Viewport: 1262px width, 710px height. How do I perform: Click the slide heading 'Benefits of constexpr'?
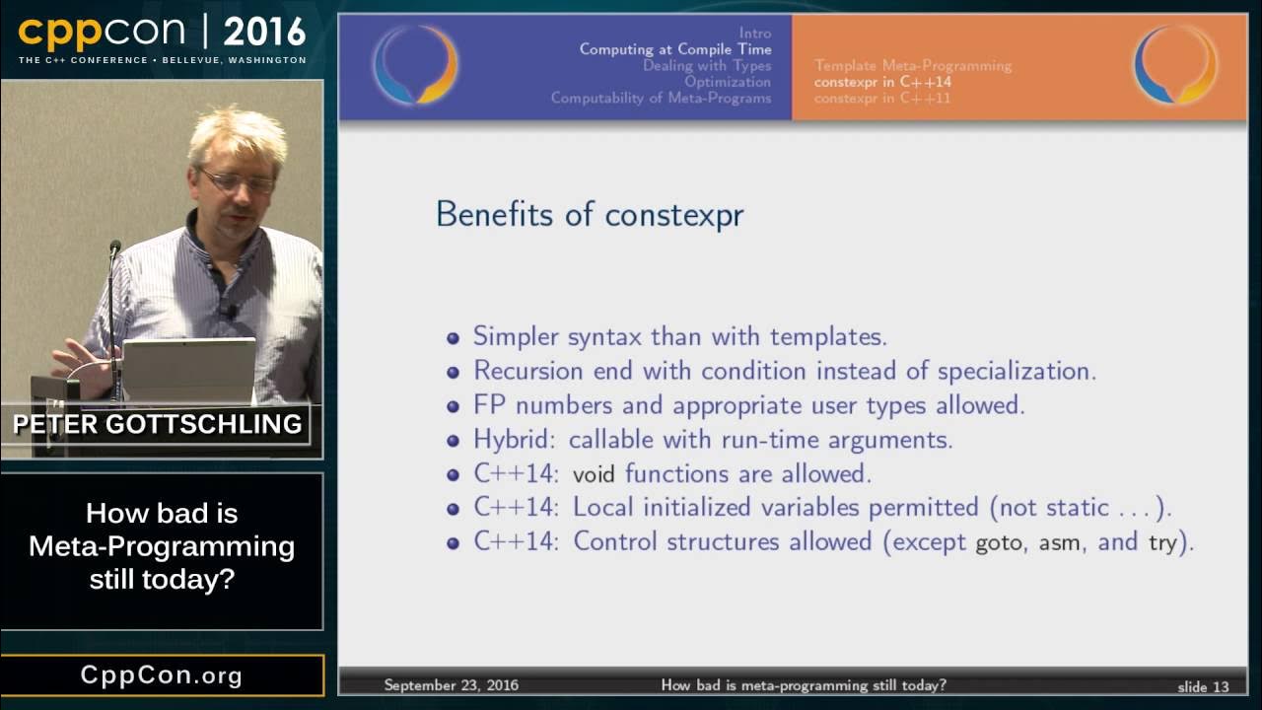coord(589,214)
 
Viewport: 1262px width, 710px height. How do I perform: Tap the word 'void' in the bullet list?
coord(594,474)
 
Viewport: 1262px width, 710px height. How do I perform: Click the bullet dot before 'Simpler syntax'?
coord(454,338)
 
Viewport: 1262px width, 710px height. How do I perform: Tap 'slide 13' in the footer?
coord(1203,685)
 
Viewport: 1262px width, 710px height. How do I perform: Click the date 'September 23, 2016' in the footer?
coord(451,685)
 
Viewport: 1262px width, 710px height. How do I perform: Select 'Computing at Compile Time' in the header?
coord(675,49)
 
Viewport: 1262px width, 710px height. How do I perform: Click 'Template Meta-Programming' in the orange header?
coord(913,66)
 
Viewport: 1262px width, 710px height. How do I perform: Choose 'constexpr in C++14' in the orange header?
coord(882,82)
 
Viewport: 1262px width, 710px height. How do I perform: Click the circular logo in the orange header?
coord(1175,65)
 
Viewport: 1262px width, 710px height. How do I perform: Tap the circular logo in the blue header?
coord(415,65)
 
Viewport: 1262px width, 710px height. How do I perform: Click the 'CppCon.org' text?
coord(162,675)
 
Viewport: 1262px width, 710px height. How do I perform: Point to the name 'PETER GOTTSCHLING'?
coord(158,425)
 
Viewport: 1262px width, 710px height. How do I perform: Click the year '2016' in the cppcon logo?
coord(264,33)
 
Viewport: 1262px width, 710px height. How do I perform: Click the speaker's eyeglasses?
coord(238,181)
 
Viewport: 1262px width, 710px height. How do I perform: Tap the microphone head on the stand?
coord(115,248)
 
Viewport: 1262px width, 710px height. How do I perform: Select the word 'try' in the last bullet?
coord(1162,543)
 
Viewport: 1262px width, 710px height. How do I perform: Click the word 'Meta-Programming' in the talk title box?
coord(162,545)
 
